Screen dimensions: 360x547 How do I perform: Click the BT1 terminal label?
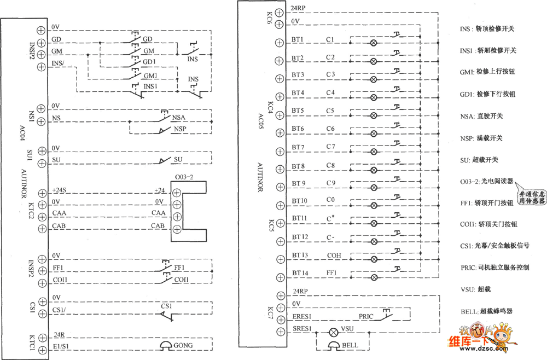(x=298, y=40)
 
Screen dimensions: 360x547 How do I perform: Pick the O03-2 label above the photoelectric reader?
(x=184, y=177)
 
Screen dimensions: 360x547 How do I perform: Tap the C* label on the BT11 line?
(x=331, y=219)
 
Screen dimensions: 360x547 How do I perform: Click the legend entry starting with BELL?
(x=490, y=311)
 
